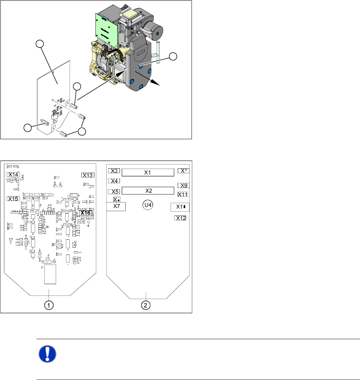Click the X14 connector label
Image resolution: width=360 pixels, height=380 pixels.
[14, 174]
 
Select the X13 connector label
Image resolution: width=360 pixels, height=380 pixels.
[88, 175]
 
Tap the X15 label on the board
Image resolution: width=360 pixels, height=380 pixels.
[14, 199]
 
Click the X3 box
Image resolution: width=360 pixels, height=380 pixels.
[114, 171]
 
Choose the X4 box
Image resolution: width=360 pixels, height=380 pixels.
[114, 181]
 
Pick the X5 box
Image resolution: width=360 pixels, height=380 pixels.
[114, 192]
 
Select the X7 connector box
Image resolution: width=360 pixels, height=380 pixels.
[117, 206]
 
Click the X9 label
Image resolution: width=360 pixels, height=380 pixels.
[183, 185]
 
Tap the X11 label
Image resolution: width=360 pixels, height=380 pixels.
[182, 194]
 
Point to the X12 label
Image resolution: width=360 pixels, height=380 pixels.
[181, 218]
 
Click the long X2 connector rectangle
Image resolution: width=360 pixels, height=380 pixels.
[148, 190]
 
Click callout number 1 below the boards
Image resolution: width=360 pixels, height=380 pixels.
[49, 305]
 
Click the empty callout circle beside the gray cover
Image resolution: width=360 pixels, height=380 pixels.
[173, 56]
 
